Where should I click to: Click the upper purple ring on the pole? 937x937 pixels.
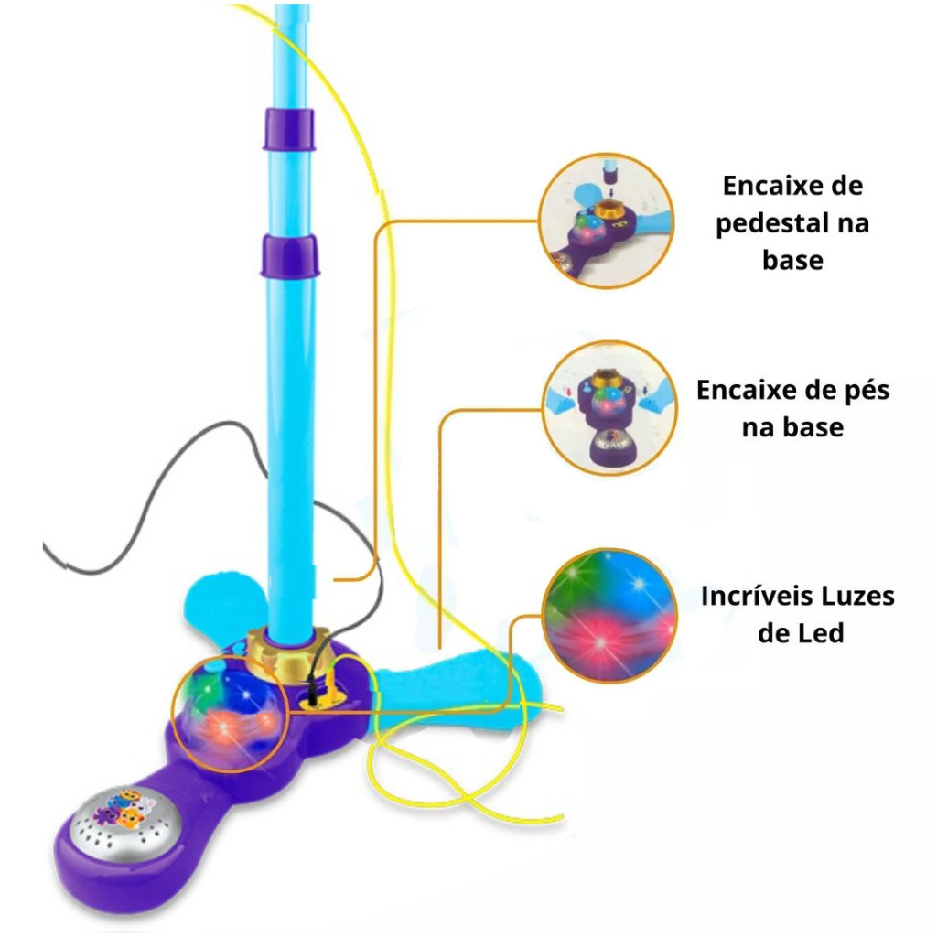[288, 129]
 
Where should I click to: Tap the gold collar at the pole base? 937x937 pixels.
[289, 652]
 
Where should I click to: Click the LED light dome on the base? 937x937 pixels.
[228, 709]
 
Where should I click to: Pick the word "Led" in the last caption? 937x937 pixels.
[822, 632]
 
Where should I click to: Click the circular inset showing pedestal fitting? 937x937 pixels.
[606, 221]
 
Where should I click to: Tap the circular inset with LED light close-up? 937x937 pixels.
[609, 614]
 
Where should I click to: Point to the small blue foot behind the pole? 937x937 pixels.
[220, 599]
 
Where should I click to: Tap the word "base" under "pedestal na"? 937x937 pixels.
[792, 260]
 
